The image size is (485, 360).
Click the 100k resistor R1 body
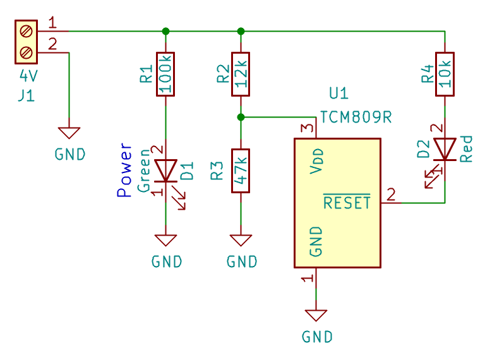tap(165, 75)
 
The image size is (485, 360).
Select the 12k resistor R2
tap(241, 75)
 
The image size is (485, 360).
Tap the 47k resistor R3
tap(241, 171)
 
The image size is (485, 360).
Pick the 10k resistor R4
tap(445, 75)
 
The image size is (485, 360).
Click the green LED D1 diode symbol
tap(165, 171)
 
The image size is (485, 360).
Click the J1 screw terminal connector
tap(27, 42)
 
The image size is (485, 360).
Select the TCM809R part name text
tap(356, 117)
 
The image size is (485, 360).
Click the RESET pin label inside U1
tap(347, 202)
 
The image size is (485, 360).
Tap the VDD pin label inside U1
tap(316, 161)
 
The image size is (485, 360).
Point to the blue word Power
tap(124, 170)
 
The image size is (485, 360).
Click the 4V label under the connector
tap(28, 76)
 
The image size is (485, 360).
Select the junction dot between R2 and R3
tap(241, 117)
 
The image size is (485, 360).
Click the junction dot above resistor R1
tap(165, 31)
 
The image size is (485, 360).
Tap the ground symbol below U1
tap(316, 315)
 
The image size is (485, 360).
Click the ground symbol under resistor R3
tap(241, 240)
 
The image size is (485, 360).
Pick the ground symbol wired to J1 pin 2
tap(69, 133)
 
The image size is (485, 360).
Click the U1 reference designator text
tap(338, 93)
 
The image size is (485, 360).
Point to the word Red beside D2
tap(466, 149)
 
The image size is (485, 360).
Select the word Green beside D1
tap(144, 171)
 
